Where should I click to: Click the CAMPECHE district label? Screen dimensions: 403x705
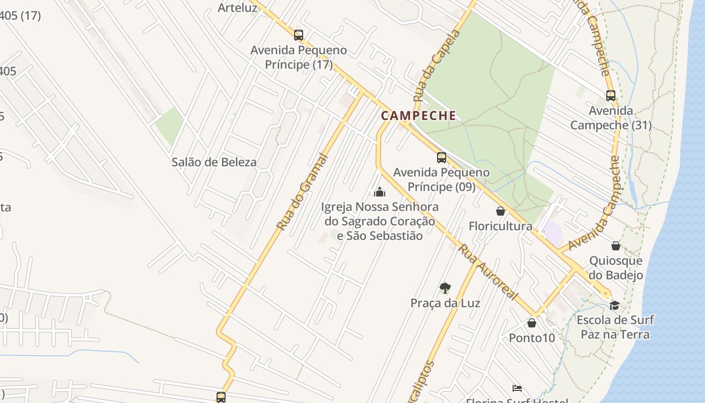[x=418, y=116]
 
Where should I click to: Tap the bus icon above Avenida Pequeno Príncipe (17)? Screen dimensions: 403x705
[x=299, y=35]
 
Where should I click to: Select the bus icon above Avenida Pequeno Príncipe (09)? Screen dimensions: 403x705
[x=442, y=158]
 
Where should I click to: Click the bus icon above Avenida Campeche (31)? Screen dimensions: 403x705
[x=611, y=95]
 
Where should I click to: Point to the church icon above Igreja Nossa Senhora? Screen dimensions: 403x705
[x=380, y=192]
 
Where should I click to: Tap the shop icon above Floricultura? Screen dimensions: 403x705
[x=501, y=211]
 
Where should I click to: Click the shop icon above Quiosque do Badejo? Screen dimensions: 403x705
[x=616, y=246]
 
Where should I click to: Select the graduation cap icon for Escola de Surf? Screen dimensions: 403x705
[x=614, y=305]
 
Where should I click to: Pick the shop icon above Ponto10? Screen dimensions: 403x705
[x=532, y=323]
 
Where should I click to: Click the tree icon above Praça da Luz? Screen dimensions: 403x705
[x=445, y=288]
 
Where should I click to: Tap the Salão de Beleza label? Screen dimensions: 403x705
[x=214, y=162]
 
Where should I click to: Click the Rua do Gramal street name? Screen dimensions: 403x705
[x=302, y=192]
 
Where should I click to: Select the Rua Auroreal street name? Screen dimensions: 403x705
[x=488, y=273]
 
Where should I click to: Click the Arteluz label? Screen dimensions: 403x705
[x=238, y=8]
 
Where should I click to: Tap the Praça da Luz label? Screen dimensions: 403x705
[x=445, y=303]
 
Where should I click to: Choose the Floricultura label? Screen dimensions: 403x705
[x=501, y=226]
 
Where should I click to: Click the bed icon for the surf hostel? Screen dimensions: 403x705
[x=517, y=388]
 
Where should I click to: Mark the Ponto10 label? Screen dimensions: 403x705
[x=532, y=338]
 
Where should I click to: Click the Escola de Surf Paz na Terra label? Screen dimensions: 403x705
[x=615, y=327]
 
